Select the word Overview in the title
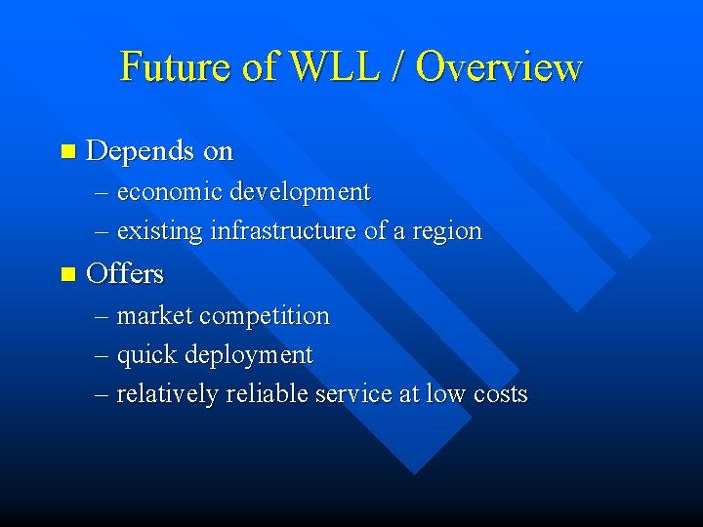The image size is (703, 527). click(x=499, y=66)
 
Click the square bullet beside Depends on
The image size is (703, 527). click(x=66, y=151)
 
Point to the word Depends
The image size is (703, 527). click(x=141, y=151)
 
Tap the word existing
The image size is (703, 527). click(x=159, y=231)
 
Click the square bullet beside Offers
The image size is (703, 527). click(x=66, y=274)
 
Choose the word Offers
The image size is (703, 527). click(x=125, y=273)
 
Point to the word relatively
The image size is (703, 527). click(x=167, y=394)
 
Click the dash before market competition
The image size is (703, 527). click(x=103, y=316)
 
